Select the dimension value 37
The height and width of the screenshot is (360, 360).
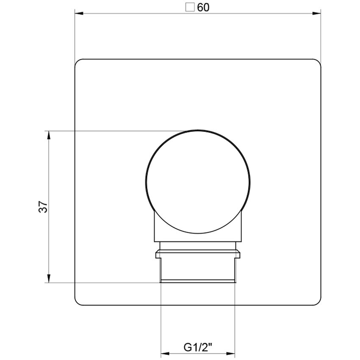[x=43, y=207]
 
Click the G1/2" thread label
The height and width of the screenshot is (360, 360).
[x=198, y=347]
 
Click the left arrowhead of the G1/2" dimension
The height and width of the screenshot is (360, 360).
[x=164, y=352]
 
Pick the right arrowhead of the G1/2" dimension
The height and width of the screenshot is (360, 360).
[x=232, y=352]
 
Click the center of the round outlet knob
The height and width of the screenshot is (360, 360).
[x=197, y=181]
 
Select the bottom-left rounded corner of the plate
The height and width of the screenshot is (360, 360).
[x=78, y=302]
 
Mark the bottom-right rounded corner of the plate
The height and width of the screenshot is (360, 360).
[x=317, y=302]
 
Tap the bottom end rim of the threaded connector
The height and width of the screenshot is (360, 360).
[x=197, y=281]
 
